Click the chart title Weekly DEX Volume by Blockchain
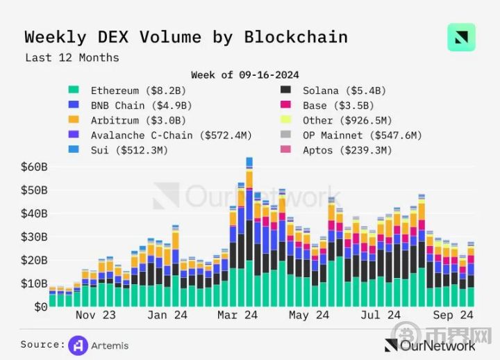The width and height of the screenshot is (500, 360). click(x=185, y=37)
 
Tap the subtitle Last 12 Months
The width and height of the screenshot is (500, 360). click(x=72, y=58)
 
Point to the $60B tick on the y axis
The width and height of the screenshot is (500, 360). click(x=33, y=167)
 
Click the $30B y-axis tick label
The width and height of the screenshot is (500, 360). click(x=33, y=237)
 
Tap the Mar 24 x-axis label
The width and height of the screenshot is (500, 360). click(x=237, y=315)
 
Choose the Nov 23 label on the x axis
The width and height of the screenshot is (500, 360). click(x=95, y=315)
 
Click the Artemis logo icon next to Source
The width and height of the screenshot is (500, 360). click(x=78, y=345)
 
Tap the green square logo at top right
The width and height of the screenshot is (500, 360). click(x=461, y=38)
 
